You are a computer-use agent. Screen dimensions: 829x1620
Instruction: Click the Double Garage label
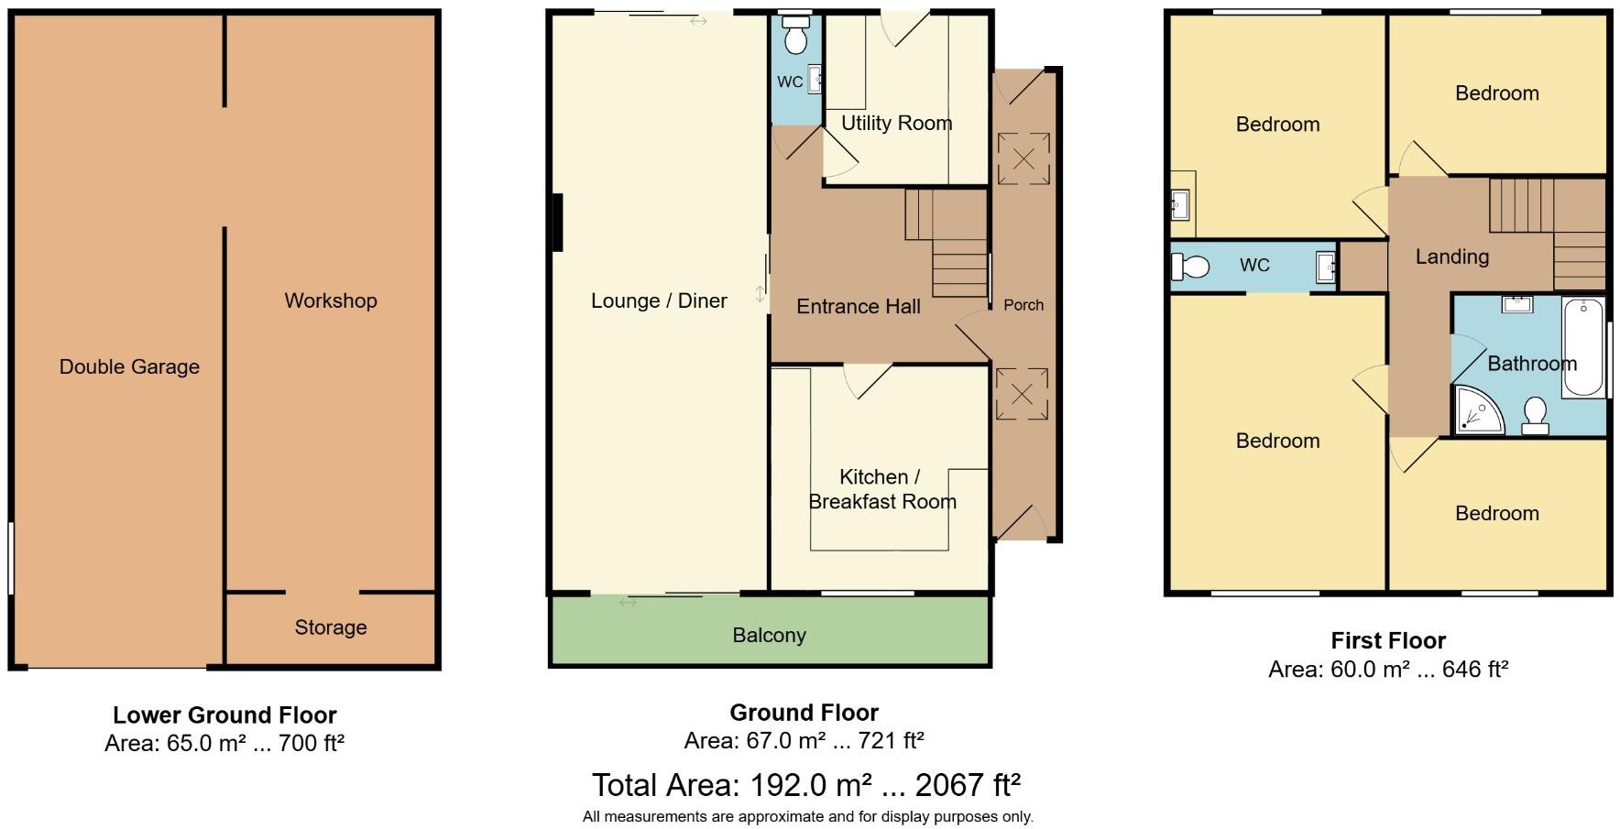pyautogui.click(x=129, y=366)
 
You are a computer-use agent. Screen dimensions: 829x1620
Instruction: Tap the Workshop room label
pyautogui.click(x=330, y=300)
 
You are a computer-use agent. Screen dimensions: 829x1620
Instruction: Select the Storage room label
pyautogui.click(x=330, y=627)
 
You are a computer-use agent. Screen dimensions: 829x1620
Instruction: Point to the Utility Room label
pyautogui.click(x=896, y=123)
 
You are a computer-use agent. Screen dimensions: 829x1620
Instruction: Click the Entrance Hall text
pyautogui.click(x=858, y=307)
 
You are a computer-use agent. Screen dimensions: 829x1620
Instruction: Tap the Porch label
pyautogui.click(x=1023, y=305)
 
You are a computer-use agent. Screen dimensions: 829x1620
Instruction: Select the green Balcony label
pyautogui.click(x=769, y=635)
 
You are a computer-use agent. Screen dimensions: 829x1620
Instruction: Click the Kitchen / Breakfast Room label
pyautogui.click(x=881, y=489)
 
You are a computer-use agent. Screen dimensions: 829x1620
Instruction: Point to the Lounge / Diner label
pyautogui.click(x=658, y=300)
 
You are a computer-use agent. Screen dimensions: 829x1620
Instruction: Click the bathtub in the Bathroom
pyautogui.click(x=1582, y=346)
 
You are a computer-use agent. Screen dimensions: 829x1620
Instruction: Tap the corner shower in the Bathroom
pyautogui.click(x=1477, y=409)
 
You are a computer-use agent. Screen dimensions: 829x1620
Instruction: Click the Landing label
pyautogui.click(x=1451, y=256)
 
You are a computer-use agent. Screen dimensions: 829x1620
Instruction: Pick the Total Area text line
pyautogui.click(x=805, y=785)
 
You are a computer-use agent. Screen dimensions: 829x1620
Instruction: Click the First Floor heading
pyautogui.click(x=1387, y=640)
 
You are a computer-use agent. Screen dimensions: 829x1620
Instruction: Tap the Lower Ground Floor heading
pyautogui.click(x=224, y=714)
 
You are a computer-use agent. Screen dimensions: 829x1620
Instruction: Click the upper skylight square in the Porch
pyautogui.click(x=1023, y=158)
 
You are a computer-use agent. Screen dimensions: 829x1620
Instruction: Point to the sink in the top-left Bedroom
pyautogui.click(x=1179, y=203)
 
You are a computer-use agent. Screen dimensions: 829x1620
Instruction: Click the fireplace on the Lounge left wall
pyautogui.click(x=556, y=222)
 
